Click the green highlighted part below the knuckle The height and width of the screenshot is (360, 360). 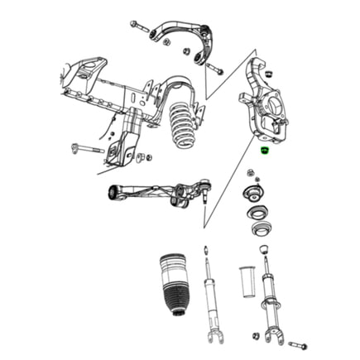point(263,151)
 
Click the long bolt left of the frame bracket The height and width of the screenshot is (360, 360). point(87,149)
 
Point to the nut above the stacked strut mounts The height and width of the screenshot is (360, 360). point(250,172)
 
